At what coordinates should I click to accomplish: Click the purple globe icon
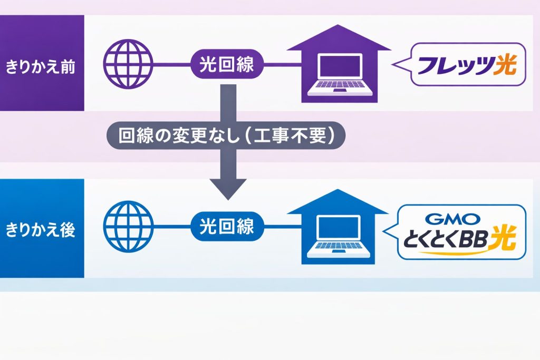pos(128,64)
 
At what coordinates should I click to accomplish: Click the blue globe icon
pos(128,226)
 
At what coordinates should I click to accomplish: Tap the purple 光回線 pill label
pos(227,64)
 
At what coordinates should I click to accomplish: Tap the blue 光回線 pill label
pos(227,226)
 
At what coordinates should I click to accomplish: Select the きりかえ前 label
pos(40,66)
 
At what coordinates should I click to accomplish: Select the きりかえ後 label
pos(40,230)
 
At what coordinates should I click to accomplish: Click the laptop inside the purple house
pos(340,74)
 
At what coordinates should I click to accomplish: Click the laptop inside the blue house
pos(338,237)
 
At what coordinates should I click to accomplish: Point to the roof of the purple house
pos(339,38)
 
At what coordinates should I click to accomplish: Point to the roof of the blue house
pos(338,202)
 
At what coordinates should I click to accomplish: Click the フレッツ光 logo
pos(467,64)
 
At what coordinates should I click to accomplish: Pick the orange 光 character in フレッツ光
pos(505,64)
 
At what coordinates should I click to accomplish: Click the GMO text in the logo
pos(452,219)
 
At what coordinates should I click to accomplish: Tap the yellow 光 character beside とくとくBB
pos(504,238)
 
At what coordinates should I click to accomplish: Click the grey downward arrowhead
pos(228,189)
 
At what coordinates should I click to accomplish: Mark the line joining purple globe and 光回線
pos(172,64)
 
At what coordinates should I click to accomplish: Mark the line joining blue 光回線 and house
pos(283,226)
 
